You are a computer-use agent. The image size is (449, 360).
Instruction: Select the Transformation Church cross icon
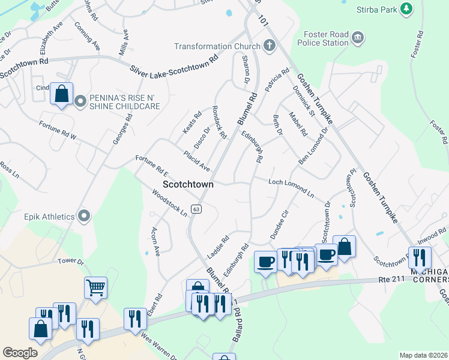[270, 46]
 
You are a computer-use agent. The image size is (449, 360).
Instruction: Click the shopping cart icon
[95, 287]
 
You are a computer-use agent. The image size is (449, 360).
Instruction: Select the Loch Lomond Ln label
[291, 188]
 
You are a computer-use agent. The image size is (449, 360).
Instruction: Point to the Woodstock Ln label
[169, 203]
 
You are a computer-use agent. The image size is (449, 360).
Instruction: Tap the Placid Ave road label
[196, 160]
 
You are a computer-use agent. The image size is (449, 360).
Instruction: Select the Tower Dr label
[71, 262]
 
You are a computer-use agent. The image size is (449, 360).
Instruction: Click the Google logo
[20, 353]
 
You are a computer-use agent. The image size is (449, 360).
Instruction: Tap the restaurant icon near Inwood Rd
[420, 257]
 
